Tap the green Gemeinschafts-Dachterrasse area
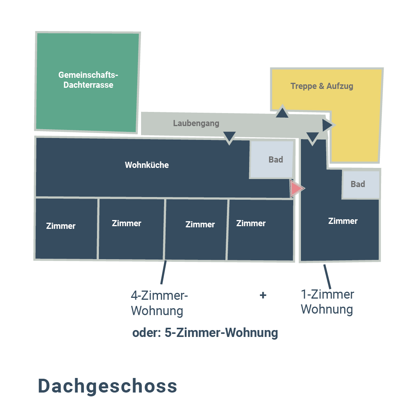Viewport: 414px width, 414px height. pos(87,82)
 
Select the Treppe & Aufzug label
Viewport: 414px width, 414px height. pos(322,86)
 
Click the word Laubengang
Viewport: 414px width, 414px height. pos(196,123)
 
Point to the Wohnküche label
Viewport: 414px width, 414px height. pos(147,165)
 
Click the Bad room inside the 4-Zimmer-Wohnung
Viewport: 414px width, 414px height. pos(271,159)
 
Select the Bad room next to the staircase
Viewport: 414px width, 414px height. pos(361,184)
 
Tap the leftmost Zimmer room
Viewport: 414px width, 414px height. pos(66,228)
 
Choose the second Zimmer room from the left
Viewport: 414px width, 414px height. pos(131,229)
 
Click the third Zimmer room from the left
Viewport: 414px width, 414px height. pos(195,230)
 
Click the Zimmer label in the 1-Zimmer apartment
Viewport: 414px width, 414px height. pos(343,221)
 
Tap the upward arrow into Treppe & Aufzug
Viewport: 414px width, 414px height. pos(282,111)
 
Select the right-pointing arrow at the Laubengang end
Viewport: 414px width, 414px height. pos(329,125)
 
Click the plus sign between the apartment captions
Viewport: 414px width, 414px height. pos(263,295)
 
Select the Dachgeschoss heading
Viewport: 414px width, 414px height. pos(107,386)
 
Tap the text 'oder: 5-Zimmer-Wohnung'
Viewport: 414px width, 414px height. pos(205,333)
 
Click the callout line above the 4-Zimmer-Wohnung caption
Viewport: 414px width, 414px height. pos(163,272)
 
